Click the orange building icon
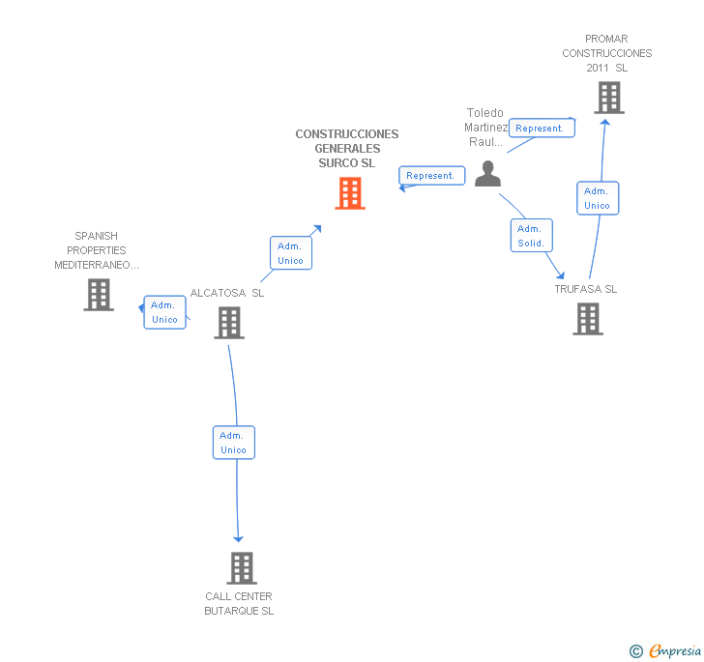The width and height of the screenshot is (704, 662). coord(350,193)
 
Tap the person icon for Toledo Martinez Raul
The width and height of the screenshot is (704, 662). coord(487,174)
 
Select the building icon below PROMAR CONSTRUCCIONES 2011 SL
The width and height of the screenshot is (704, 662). coord(609,98)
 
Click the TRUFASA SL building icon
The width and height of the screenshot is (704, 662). coord(588,319)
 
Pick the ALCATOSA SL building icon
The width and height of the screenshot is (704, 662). coord(229,323)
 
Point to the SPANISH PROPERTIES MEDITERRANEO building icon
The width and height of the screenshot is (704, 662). coord(99,295)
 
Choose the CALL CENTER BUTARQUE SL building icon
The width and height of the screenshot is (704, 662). coord(242,567)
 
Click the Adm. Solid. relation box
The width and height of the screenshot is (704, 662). coord(532,236)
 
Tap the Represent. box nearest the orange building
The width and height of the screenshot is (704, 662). coord(432,176)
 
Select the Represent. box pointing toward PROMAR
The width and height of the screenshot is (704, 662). coord(542,128)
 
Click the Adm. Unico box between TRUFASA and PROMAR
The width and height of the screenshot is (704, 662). coord(598,198)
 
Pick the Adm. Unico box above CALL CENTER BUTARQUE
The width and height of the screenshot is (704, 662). coord(234,443)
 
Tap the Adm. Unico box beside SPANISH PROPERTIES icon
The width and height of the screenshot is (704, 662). coord(164,312)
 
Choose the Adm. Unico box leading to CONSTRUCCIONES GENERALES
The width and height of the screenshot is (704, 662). coord(291,253)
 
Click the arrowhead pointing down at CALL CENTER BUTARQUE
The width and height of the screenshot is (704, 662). coord(239,538)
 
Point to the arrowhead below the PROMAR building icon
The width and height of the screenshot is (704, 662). coord(605,122)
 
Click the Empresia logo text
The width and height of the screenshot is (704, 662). coord(675,650)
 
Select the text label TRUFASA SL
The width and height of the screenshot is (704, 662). coord(585,289)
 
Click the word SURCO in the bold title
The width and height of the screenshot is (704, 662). coord(333,163)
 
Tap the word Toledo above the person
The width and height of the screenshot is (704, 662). coord(484,113)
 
